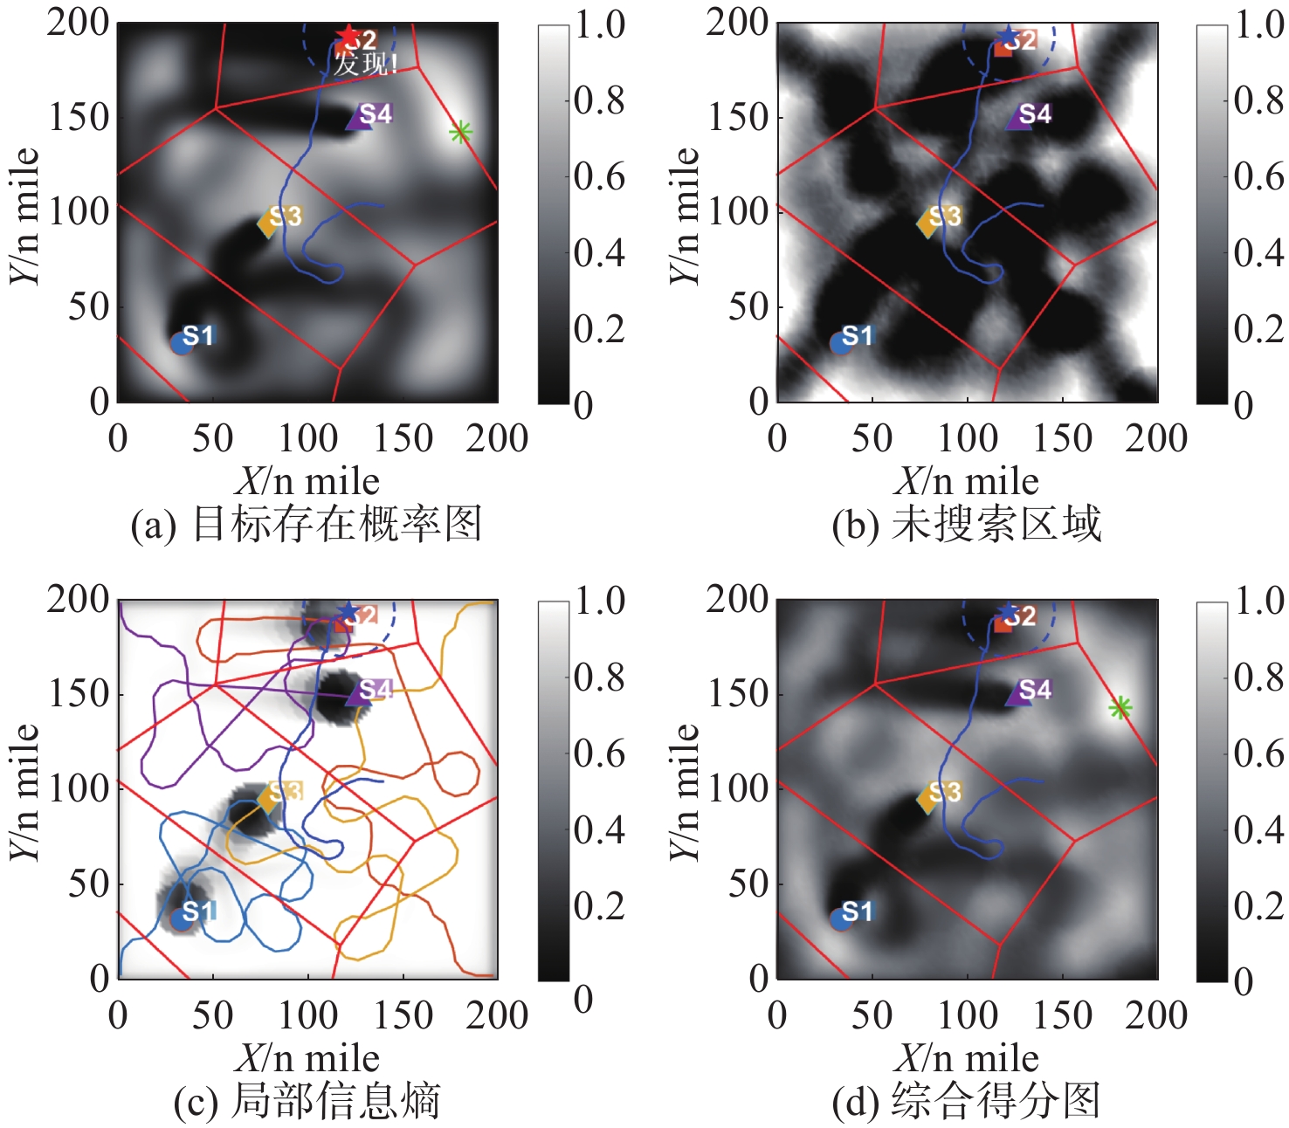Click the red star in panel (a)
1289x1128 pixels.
click(348, 36)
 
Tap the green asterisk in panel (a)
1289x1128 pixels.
click(460, 133)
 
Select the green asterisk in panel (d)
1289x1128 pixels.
click(1120, 708)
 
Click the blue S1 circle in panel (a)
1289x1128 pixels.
click(182, 342)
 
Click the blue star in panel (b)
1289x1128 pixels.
click(1008, 37)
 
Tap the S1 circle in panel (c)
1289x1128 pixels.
click(182, 918)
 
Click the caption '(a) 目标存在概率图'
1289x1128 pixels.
click(307, 525)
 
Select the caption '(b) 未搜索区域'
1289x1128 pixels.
click(967, 525)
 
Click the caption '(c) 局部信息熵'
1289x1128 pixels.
click(307, 1101)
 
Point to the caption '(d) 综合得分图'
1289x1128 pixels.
click(967, 1101)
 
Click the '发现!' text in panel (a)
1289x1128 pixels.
click(366, 64)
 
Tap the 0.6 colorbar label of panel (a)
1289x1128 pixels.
click(600, 177)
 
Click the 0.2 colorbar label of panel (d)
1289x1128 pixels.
click(1258, 906)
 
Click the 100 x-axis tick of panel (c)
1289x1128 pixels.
click(307, 1015)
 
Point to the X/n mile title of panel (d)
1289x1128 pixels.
click(967, 1059)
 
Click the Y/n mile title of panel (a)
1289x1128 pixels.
click(25, 214)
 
